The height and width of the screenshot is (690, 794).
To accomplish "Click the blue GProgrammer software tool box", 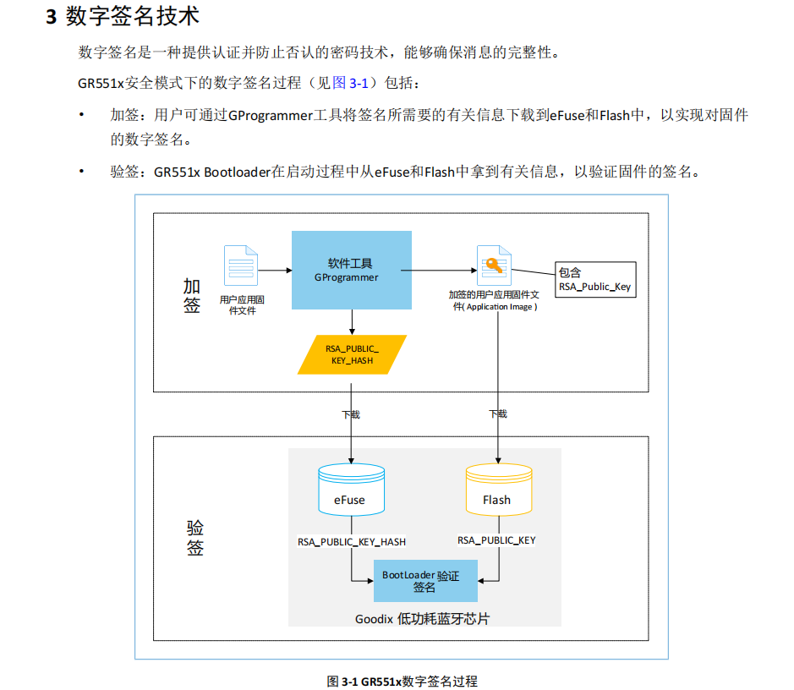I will (x=351, y=270).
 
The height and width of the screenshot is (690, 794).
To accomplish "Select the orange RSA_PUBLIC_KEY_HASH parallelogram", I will (x=352, y=354).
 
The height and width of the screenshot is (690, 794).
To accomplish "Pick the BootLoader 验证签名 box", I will (x=424, y=581).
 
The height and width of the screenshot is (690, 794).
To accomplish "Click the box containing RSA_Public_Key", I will (x=594, y=280).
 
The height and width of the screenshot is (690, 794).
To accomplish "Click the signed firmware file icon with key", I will (x=494, y=266).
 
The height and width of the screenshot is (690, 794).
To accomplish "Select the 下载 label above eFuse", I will (x=351, y=414).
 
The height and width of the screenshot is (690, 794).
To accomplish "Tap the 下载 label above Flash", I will (x=498, y=414).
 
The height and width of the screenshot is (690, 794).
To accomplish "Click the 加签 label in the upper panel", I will (x=192, y=295).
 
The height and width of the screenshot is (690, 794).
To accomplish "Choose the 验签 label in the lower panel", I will (x=195, y=538).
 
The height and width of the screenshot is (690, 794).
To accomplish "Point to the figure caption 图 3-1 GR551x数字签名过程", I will (x=402, y=681).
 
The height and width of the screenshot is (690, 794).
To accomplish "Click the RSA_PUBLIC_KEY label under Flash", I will (x=496, y=540).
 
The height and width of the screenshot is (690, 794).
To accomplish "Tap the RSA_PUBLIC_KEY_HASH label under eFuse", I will (x=351, y=542).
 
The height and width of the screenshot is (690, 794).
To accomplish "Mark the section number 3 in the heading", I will (x=51, y=18).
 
